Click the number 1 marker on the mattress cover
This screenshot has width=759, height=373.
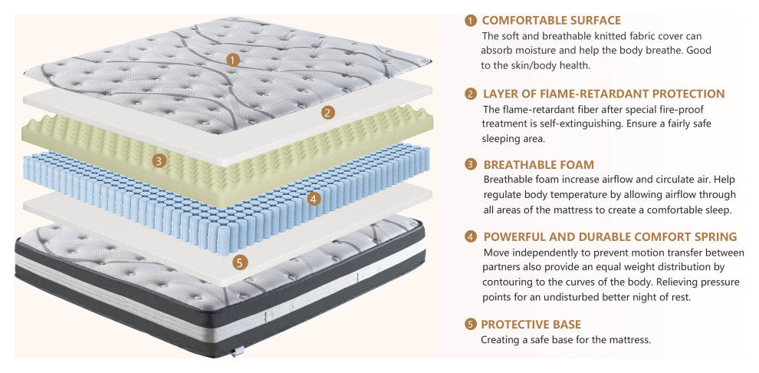coord(233,60)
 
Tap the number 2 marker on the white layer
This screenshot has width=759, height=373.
coord(327,113)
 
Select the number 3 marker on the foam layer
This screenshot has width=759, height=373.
coord(159,160)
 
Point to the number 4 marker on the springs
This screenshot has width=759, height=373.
coord(314,199)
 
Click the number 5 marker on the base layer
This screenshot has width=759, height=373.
coord(240,262)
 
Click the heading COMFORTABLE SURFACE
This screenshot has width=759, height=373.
coord(551,21)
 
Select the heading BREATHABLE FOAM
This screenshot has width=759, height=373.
coord(539,165)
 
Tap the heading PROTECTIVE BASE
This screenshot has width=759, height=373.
coord(531,325)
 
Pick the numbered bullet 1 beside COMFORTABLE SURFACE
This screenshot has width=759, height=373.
coord(470,21)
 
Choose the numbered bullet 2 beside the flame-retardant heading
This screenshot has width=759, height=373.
coord(471,94)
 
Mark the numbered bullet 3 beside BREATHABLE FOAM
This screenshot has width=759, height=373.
coord(471,165)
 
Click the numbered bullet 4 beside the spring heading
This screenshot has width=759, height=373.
coord(471,237)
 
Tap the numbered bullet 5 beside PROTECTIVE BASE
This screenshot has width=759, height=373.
coord(471,325)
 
